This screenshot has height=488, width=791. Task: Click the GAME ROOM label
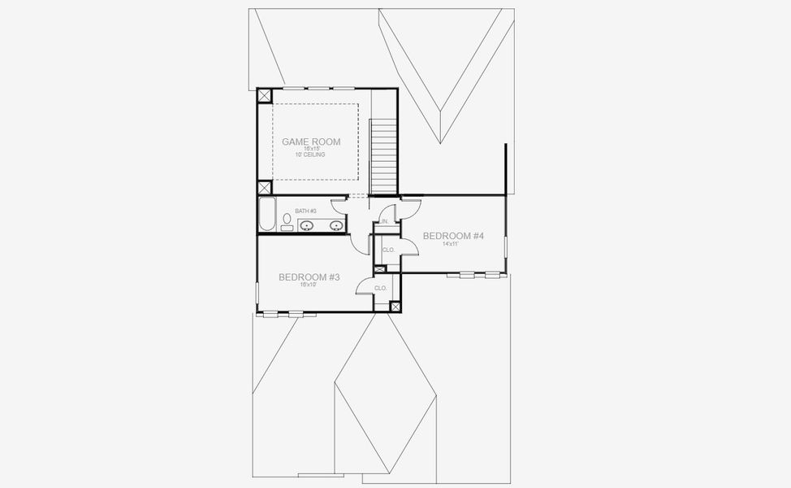pyautogui.click(x=311, y=142)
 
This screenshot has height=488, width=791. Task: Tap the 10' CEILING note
pyautogui.click(x=311, y=155)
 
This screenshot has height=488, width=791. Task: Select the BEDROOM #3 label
pyautogui.click(x=309, y=277)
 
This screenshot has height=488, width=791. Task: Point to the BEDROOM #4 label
pyautogui.click(x=453, y=236)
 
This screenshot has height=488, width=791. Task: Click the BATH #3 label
pyautogui.click(x=305, y=211)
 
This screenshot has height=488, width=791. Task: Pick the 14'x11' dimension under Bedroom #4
pyautogui.click(x=452, y=244)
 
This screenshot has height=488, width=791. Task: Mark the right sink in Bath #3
pyautogui.click(x=335, y=225)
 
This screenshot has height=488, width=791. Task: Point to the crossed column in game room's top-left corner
pyautogui.click(x=265, y=95)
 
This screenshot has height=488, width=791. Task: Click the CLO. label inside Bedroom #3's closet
pyautogui.click(x=380, y=288)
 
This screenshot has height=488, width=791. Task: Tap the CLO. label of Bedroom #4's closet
pyautogui.click(x=388, y=250)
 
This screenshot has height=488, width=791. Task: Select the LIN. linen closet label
pyautogui.click(x=384, y=220)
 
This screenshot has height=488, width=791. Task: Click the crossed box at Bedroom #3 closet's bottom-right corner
pyautogui.click(x=395, y=307)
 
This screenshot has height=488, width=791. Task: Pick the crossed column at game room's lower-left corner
pyautogui.click(x=265, y=187)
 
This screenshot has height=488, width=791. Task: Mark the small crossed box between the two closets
pyautogui.click(x=379, y=269)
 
